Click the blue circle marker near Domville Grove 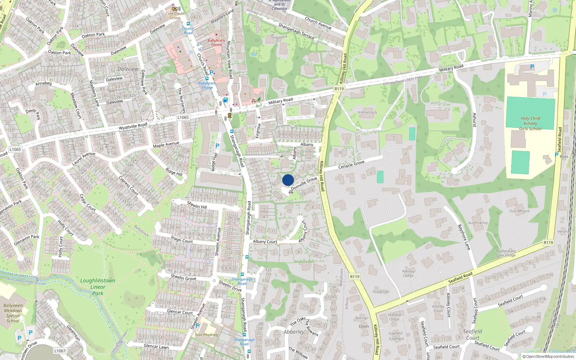288,180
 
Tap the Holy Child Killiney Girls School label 530,123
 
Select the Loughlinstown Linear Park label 98,287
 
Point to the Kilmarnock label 368,112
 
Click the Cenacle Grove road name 351,165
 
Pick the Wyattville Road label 133,126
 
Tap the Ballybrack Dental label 216,42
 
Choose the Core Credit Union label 175,15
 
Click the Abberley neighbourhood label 294,332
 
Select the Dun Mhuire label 519,211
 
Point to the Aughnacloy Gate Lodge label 506,253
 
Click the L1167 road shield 60,351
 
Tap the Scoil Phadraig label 206,334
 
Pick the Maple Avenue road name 166,145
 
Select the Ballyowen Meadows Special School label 13,313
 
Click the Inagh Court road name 182,239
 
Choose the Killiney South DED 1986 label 403,81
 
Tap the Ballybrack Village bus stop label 207,85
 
